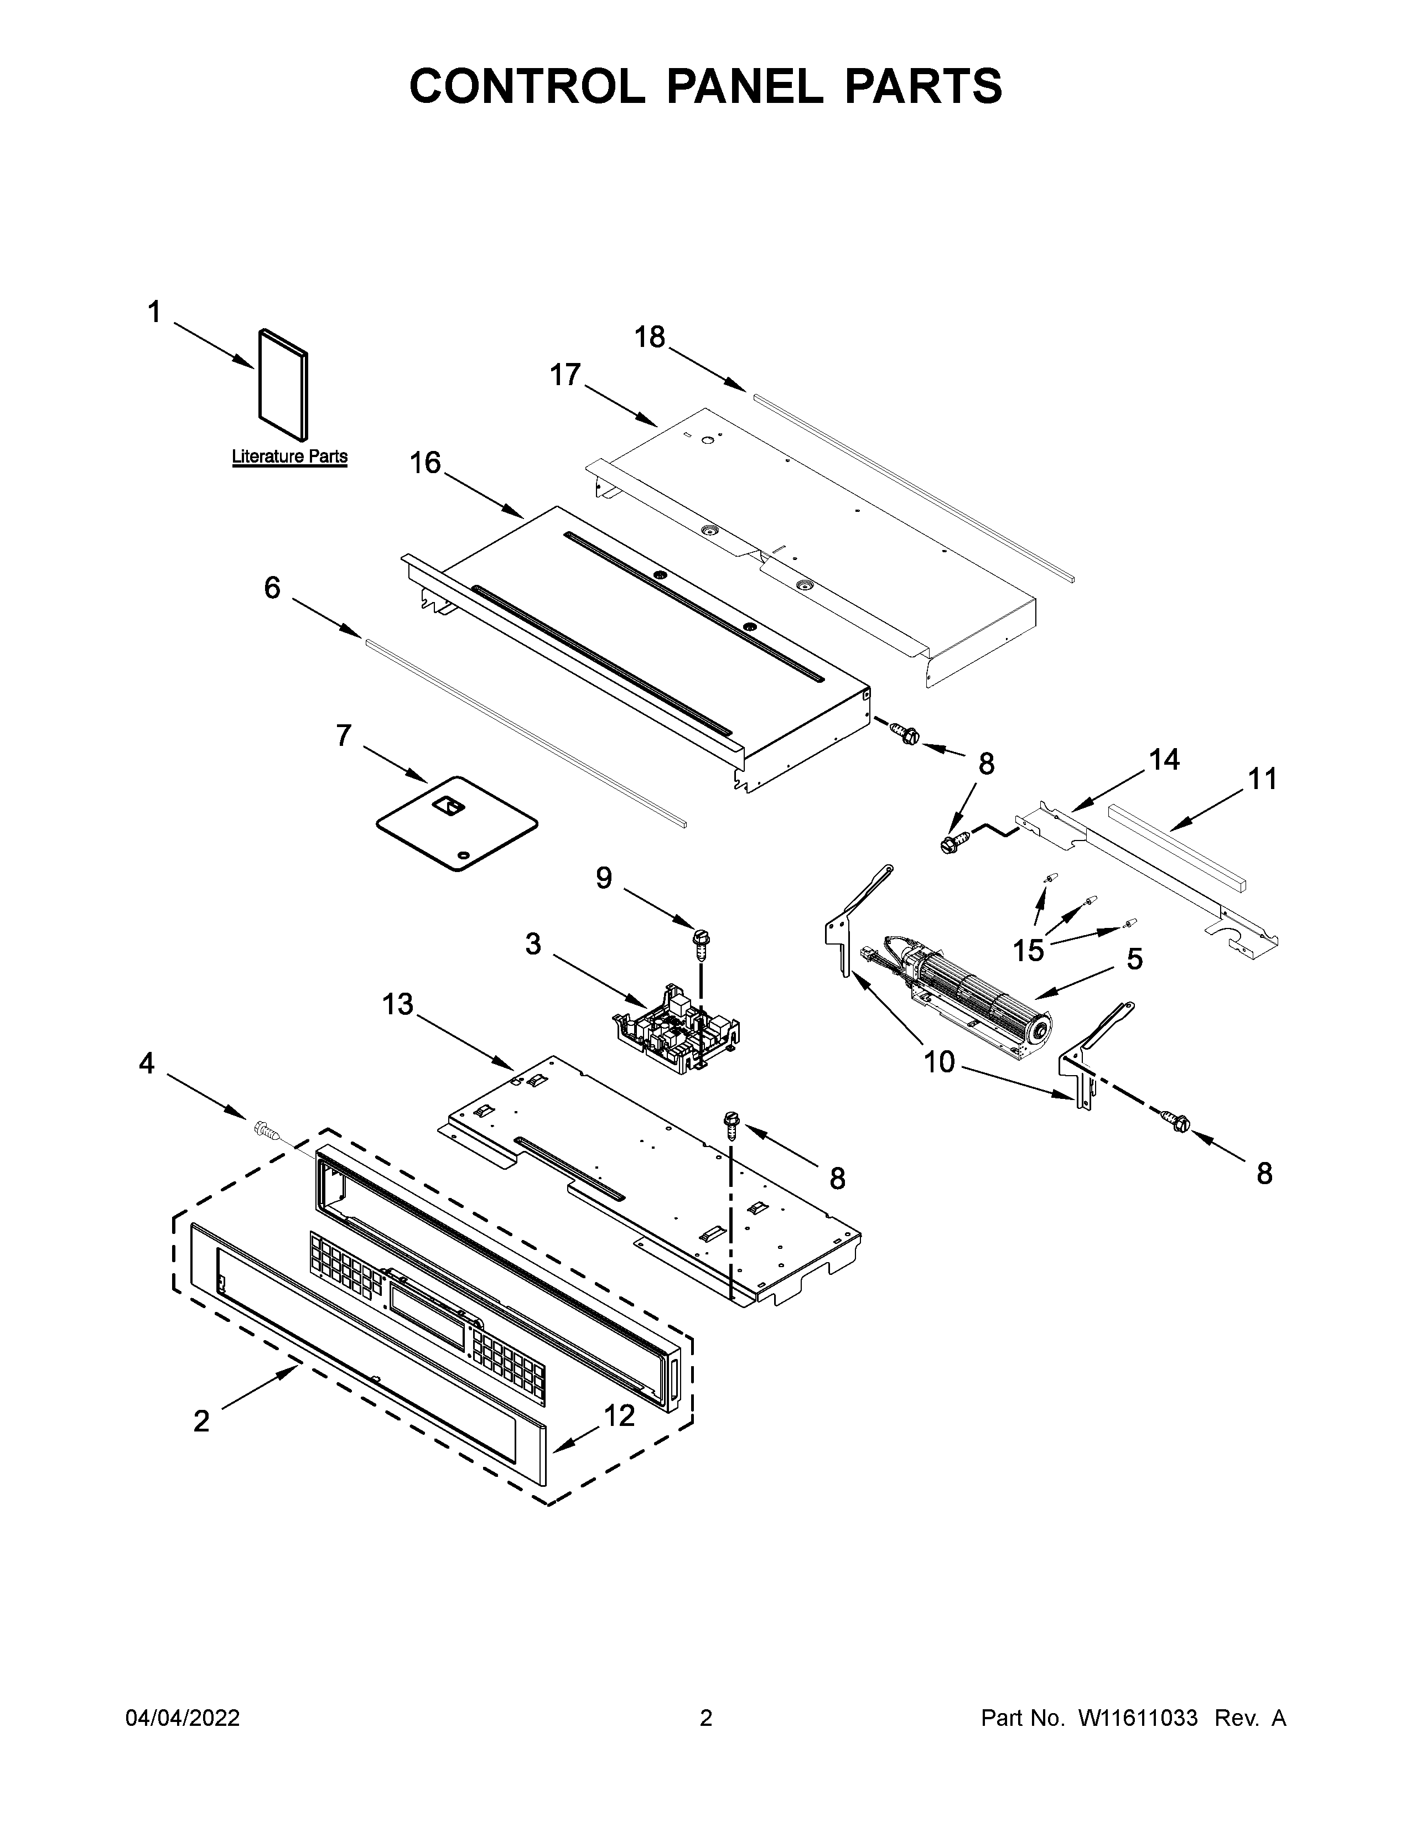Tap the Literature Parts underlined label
(x=289, y=456)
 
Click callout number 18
(x=650, y=337)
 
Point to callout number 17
(x=565, y=375)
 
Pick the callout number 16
(x=426, y=463)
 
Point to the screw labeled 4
(x=265, y=1131)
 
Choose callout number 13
(x=398, y=1004)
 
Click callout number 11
(x=1262, y=779)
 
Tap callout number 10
(x=938, y=1062)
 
